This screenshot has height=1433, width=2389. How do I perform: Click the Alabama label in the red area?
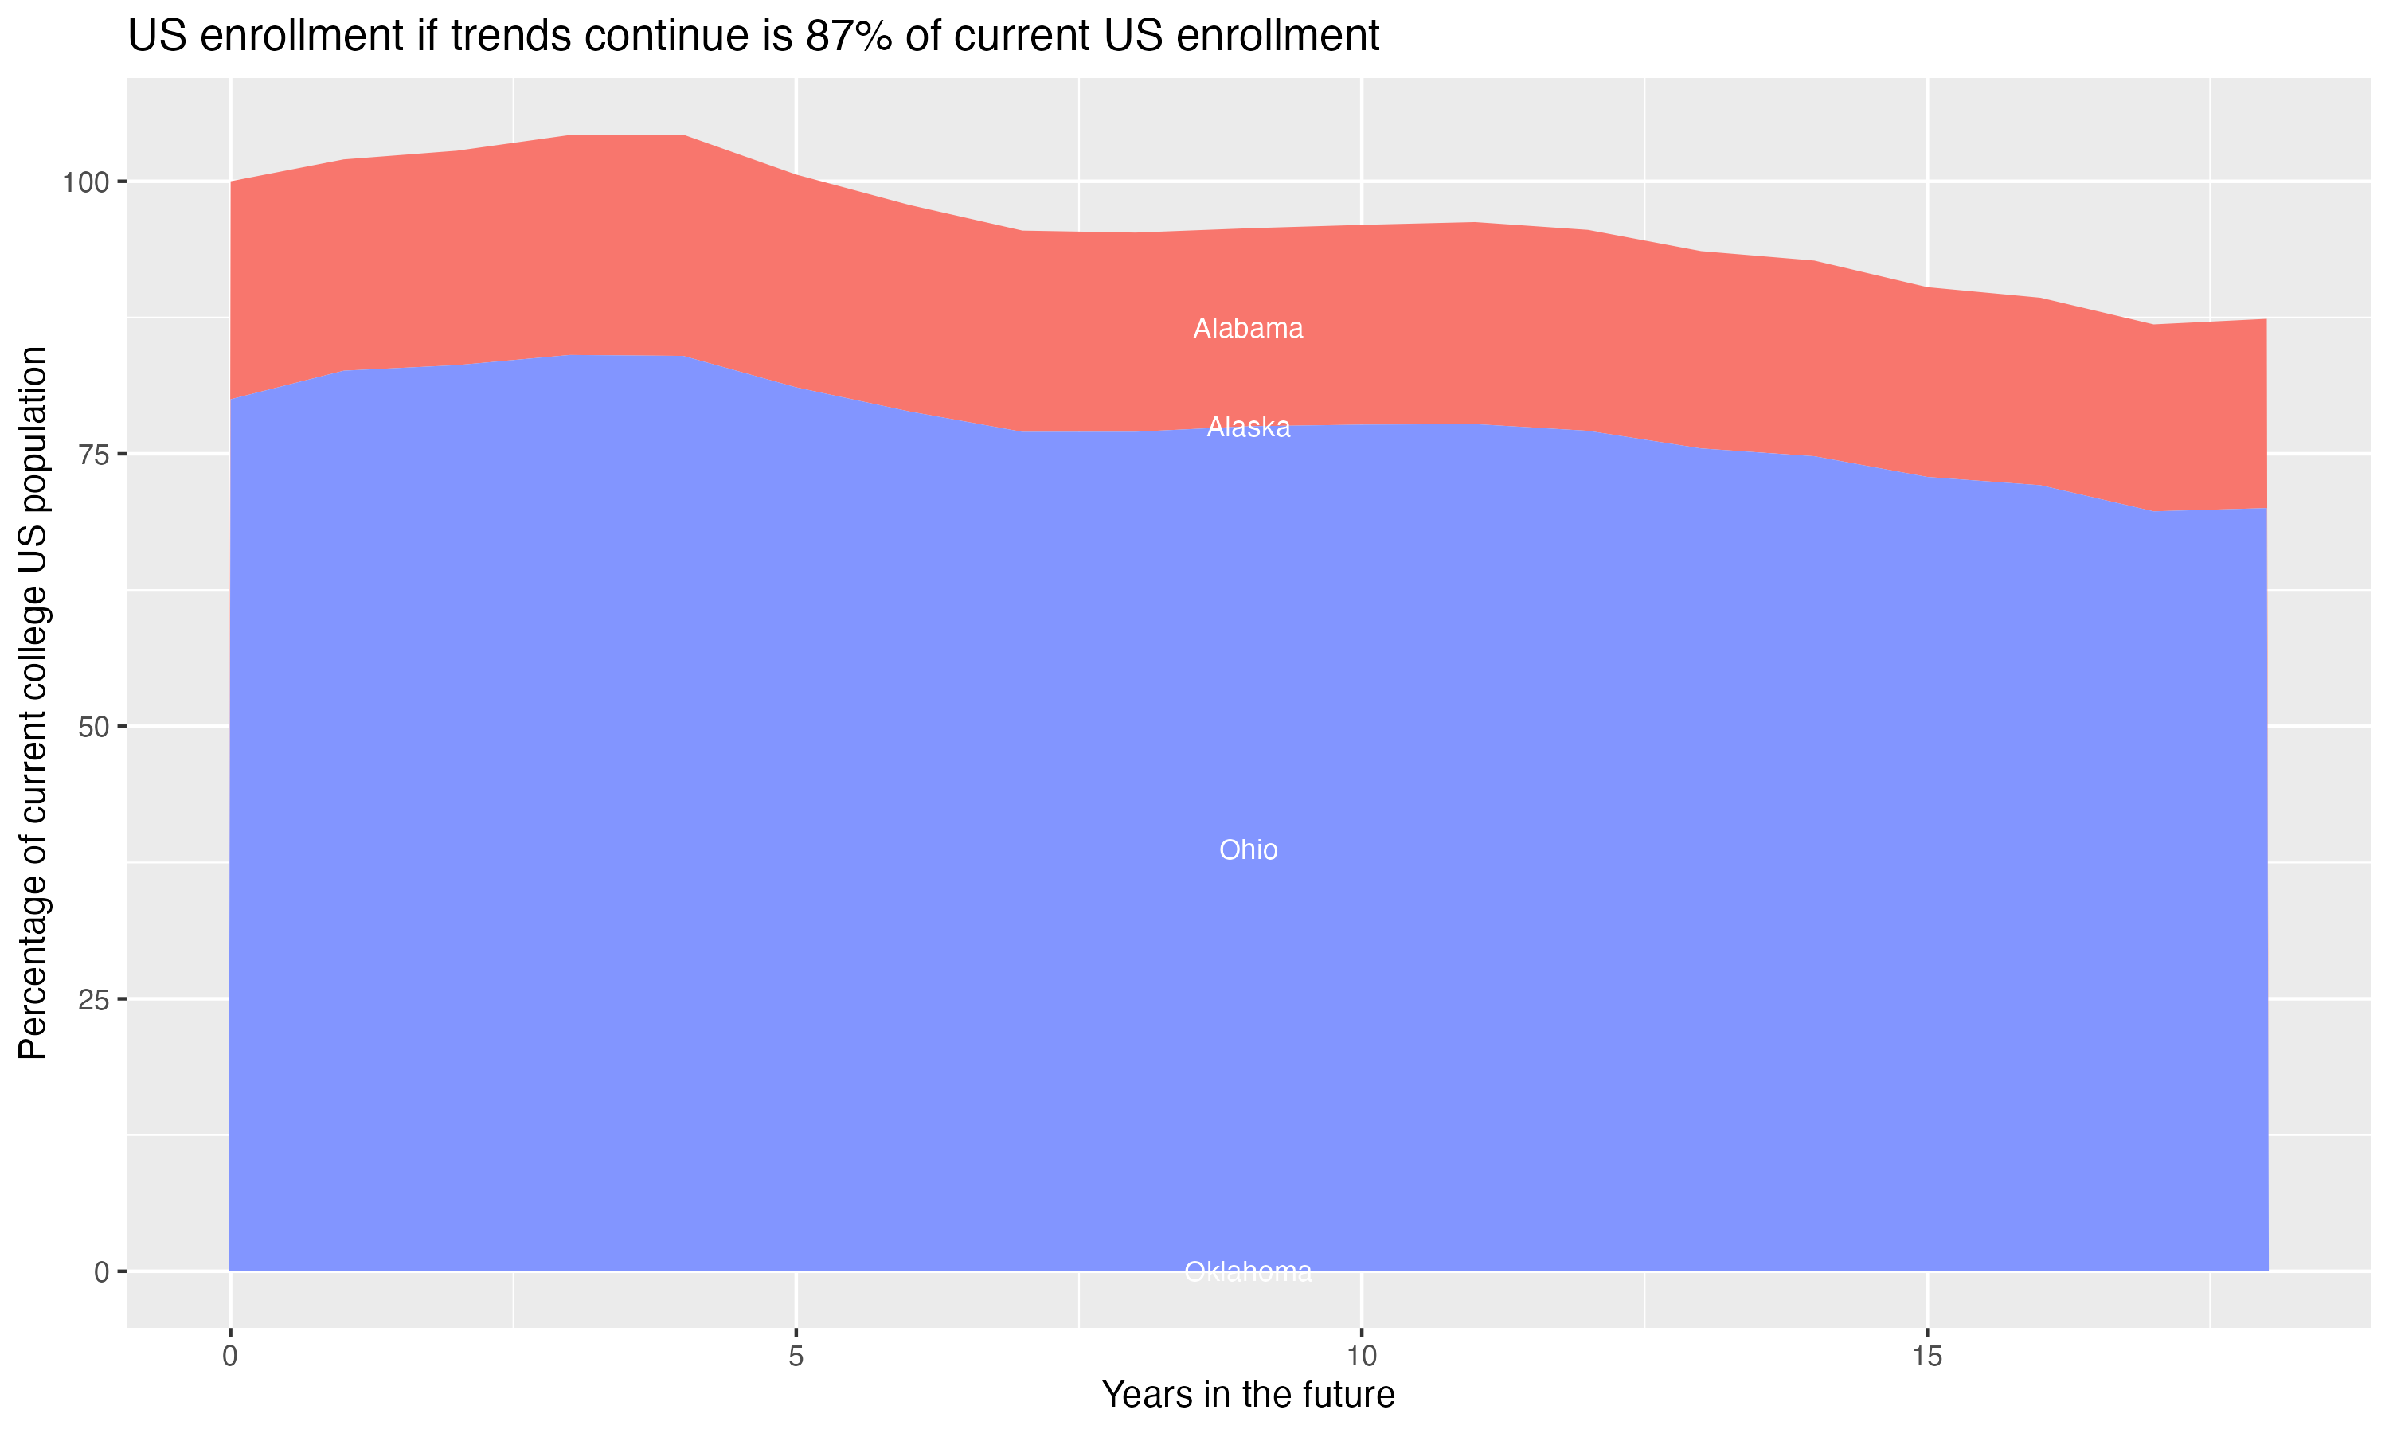point(1248,328)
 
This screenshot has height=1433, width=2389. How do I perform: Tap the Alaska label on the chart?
point(1248,427)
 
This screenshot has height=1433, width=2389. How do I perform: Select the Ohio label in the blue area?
point(1248,849)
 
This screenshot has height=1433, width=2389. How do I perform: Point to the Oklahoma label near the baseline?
point(1248,1271)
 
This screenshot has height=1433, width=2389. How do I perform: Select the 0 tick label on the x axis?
point(230,1357)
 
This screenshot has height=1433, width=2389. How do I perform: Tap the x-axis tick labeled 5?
point(796,1357)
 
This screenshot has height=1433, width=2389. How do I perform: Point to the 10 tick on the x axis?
point(1361,1357)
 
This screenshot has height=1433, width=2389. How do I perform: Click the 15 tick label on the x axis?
point(1926,1357)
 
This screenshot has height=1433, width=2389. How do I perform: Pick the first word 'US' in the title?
point(155,37)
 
